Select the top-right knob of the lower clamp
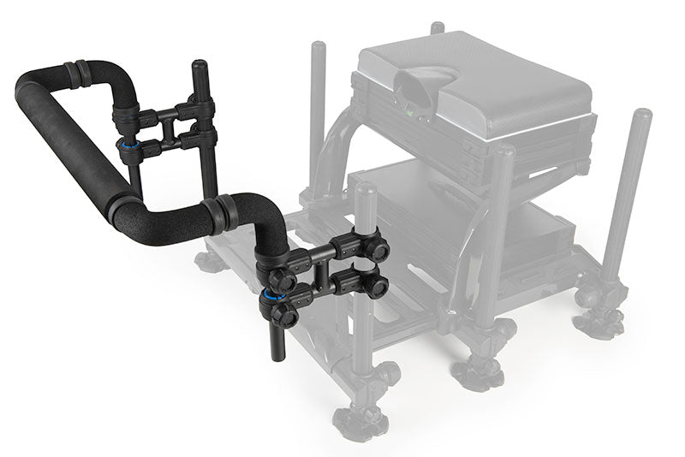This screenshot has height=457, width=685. (377, 250)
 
